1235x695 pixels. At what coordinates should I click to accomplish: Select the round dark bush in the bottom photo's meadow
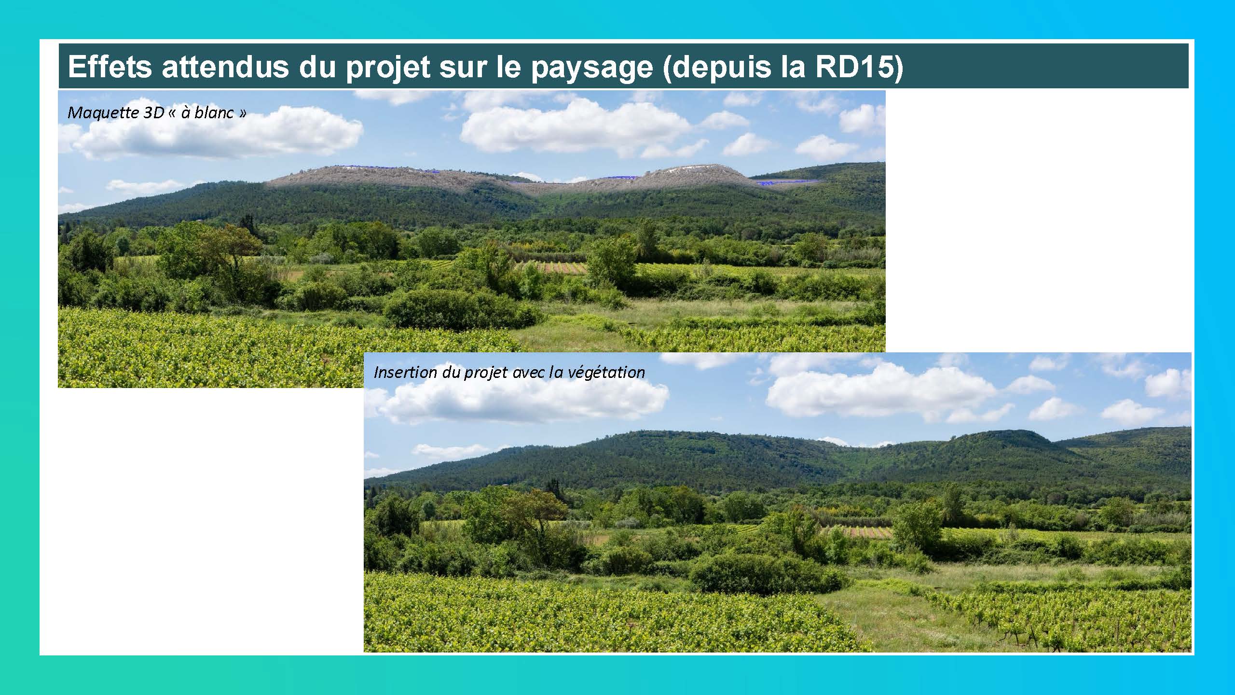coord(767,574)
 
